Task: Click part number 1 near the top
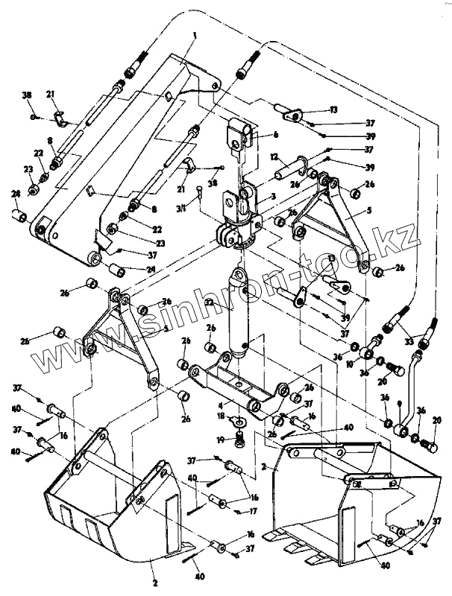pyautogui.click(x=195, y=36)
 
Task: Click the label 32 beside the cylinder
pyautogui.click(x=210, y=302)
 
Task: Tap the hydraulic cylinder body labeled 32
pyautogui.click(x=238, y=313)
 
